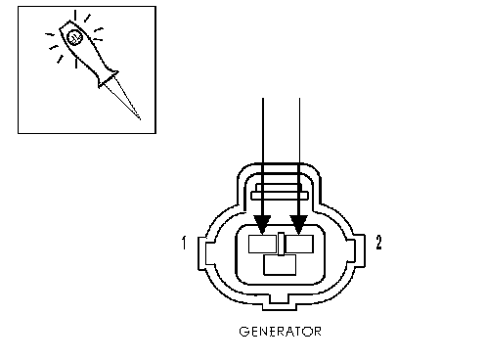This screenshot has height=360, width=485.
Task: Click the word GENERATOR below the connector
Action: click(281, 332)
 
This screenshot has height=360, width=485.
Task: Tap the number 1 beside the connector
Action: click(185, 243)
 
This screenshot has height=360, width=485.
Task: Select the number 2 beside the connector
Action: click(378, 243)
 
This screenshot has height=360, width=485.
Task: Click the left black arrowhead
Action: click(262, 225)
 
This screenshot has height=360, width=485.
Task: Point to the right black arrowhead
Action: click(299, 225)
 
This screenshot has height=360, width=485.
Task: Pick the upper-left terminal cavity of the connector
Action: click(263, 244)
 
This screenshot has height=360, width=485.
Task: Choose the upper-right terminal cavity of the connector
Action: click(299, 244)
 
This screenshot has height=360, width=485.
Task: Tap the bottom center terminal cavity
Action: click(280, 265)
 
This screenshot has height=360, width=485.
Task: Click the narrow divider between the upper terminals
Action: click(281, 244)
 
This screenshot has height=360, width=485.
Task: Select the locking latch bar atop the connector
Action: click(280, 196)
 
